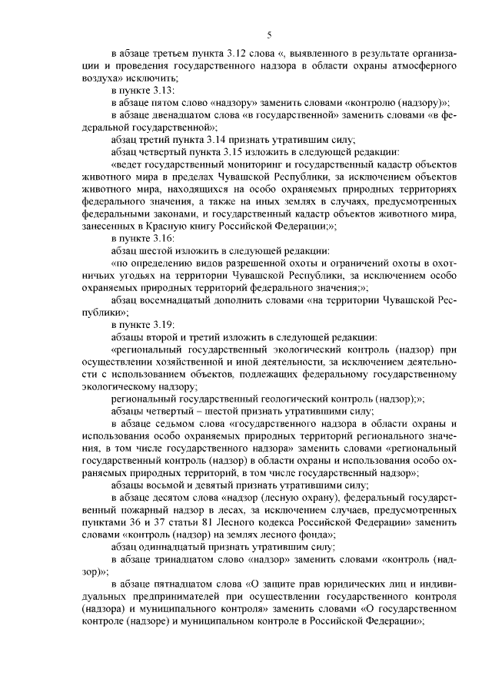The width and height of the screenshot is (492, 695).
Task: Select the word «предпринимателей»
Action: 167,595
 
